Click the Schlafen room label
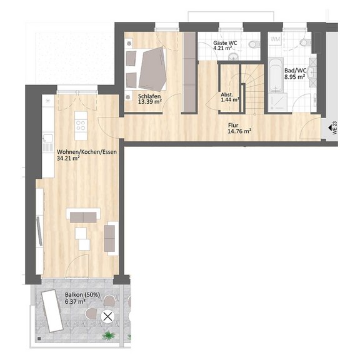149,96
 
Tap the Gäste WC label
225,43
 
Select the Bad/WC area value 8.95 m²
294,77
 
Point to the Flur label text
233,126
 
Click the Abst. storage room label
227,94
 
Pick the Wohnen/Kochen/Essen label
87,152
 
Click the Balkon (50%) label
82,294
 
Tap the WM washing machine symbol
275,39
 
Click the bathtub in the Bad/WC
276,75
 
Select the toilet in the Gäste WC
254,44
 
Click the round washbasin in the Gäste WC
234,56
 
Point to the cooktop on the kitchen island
81,126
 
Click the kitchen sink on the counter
47,139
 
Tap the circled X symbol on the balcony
107,317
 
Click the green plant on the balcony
108,336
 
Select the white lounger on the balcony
52,311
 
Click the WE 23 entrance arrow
330,127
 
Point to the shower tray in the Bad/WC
277,102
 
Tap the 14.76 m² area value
239,131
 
